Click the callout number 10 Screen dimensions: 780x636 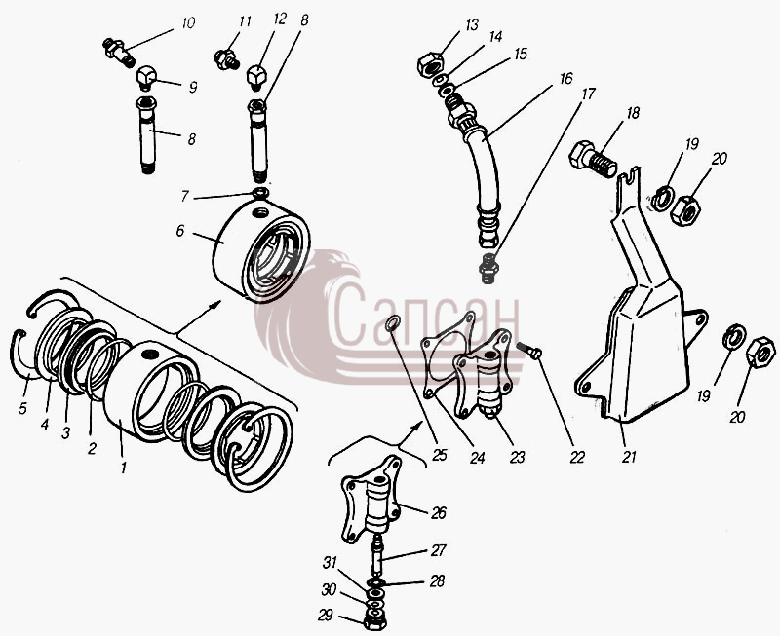point(188,23)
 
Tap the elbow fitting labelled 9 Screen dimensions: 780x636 point(146,78)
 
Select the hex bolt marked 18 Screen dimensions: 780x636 point(593,159)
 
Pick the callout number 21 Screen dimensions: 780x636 point(629,457)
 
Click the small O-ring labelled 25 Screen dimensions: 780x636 point(393,323)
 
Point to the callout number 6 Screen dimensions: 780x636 point(180,231)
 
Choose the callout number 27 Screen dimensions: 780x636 point(438,550)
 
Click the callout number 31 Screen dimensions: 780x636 point(330,563)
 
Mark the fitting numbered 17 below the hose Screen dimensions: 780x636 point(488,268)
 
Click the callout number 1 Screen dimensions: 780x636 point(124,467)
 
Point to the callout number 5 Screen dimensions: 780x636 point(22,408)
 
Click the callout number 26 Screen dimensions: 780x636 point(438,512)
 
